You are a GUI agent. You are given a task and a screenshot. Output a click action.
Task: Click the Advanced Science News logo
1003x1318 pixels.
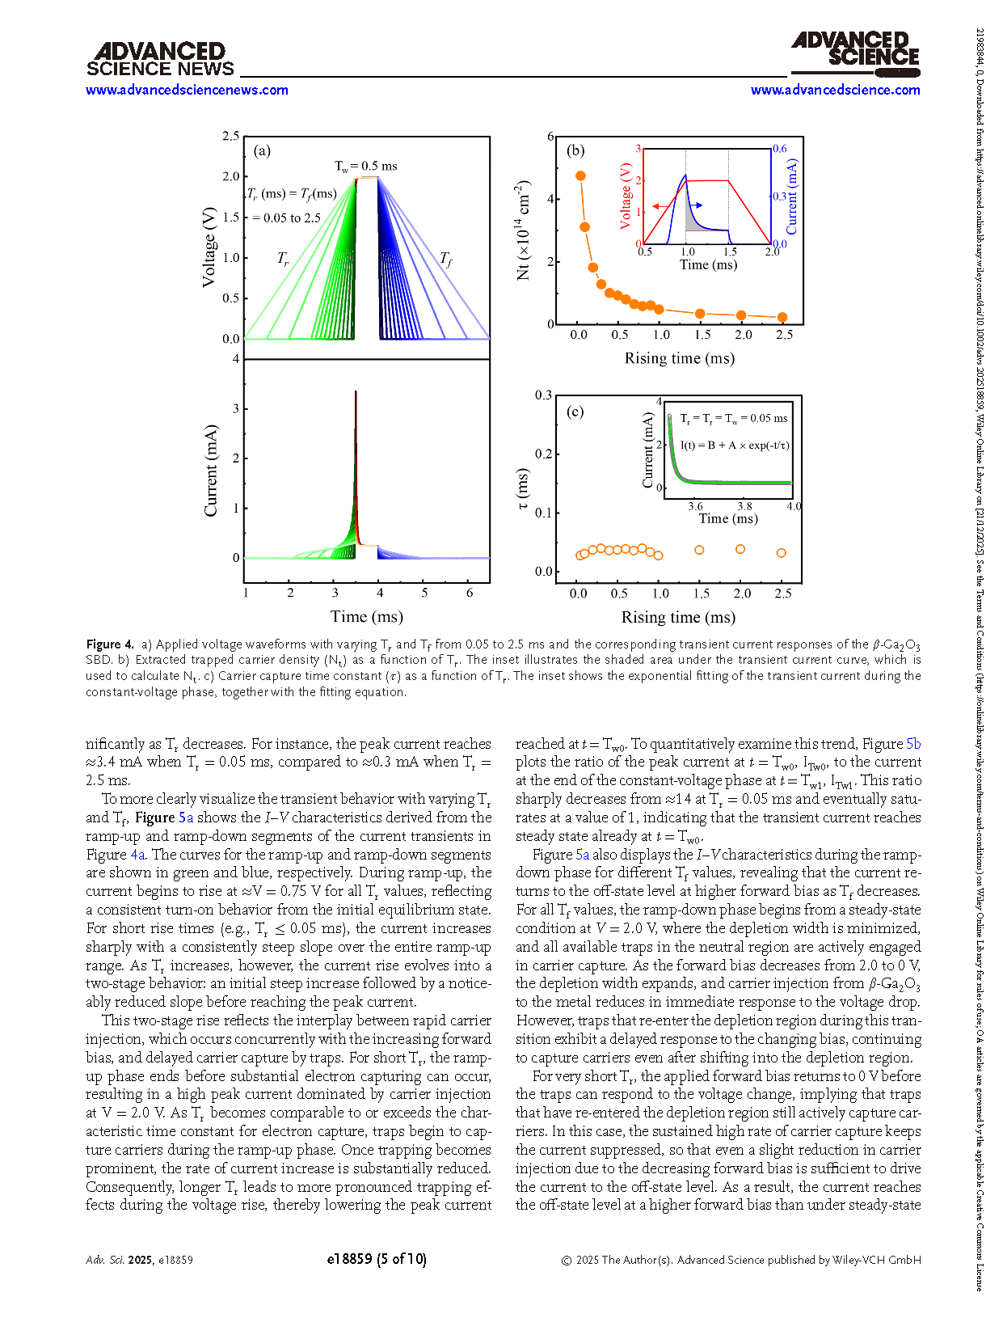point(160,60)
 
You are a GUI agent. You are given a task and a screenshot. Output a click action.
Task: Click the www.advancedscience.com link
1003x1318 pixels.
point(835,90)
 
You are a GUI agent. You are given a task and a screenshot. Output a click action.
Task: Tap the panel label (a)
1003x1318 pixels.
point(262,150)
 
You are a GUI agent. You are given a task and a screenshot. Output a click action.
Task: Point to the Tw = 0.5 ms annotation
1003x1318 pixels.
point(366,166)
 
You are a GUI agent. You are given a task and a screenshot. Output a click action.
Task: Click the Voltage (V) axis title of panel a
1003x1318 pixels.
point(209,247)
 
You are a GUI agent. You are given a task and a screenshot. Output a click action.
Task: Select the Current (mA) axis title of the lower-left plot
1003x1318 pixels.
point(211,471)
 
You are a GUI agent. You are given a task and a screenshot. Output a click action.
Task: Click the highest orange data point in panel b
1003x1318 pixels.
point(580,175)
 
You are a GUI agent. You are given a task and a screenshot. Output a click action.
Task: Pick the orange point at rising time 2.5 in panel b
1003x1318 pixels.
point(782,318)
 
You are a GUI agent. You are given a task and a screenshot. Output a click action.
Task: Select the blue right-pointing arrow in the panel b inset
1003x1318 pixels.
point(694,206)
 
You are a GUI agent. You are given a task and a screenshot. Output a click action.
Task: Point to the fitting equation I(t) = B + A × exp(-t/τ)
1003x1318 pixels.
point(734,445)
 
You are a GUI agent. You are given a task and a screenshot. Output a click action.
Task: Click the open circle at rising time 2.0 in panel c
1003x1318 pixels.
point(740,549)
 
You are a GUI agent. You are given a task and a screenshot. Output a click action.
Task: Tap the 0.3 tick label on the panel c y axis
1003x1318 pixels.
point(543,395)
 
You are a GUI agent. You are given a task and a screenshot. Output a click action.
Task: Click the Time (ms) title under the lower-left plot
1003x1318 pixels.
point(366,617)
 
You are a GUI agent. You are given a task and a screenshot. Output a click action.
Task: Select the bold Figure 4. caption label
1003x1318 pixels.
point(110,644)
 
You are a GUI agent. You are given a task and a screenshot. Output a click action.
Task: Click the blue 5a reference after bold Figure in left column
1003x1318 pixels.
point(186,817)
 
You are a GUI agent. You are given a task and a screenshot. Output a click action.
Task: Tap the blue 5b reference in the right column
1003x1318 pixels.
point(913,744)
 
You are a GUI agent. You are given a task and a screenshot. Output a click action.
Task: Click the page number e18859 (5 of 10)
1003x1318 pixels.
point(377,1259)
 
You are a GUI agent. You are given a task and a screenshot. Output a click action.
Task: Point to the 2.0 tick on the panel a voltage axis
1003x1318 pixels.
point(231,176)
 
